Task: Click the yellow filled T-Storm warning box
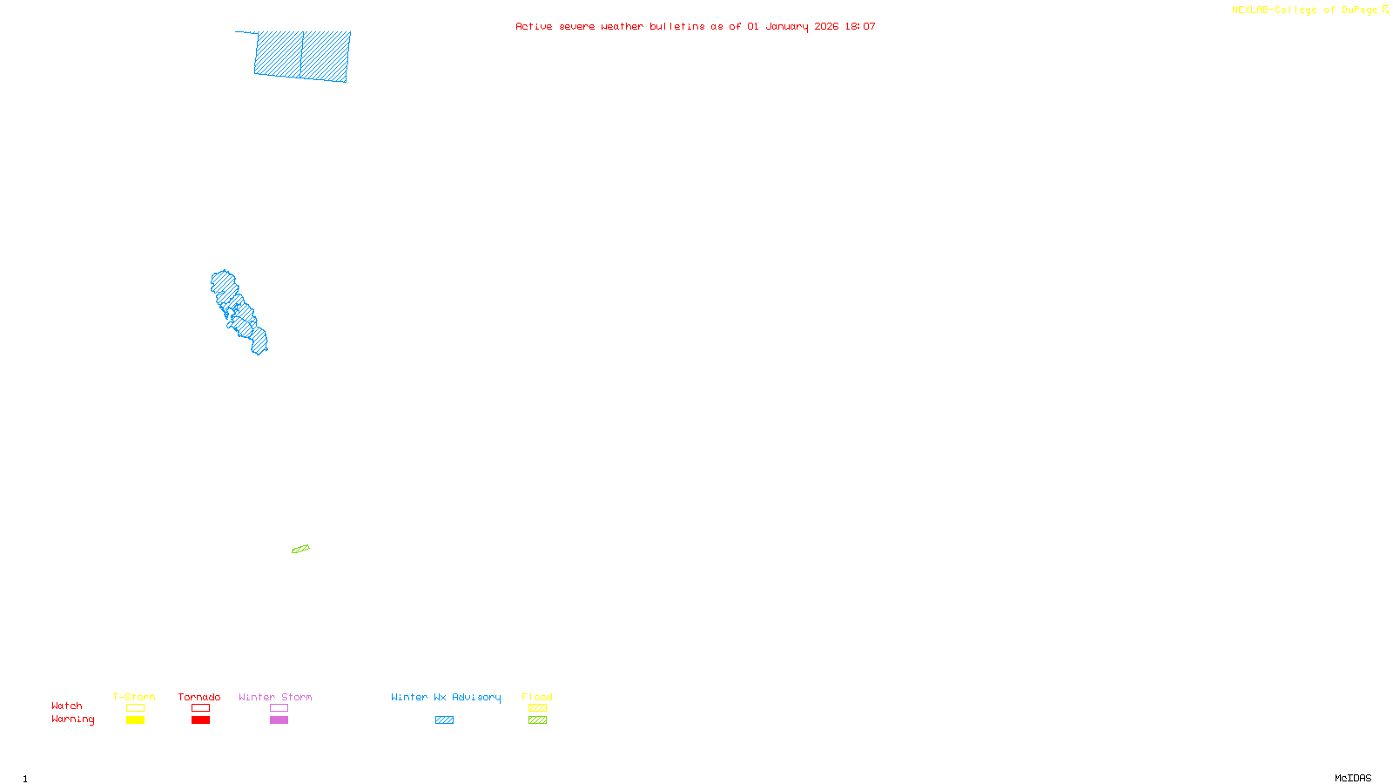coord(135,720)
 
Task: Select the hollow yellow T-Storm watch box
coord(135,708)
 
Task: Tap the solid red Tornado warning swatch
coord(200,720)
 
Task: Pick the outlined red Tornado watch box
coord(200,708)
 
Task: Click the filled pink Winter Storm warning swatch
coord(279,720)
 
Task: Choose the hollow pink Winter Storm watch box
coord(279,708)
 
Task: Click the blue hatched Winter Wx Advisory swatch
coord(444,720)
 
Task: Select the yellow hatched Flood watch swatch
coord(537,708)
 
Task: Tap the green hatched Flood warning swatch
coord(537,720)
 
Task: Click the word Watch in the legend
coord(67,706)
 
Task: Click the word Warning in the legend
coord(72,720)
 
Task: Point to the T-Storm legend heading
coord(134,697)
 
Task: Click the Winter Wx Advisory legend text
coord(446,697)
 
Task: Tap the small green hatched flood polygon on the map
coord(300,549)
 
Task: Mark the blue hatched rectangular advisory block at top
coord(302,56)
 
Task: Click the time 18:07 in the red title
coord(860,26)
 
